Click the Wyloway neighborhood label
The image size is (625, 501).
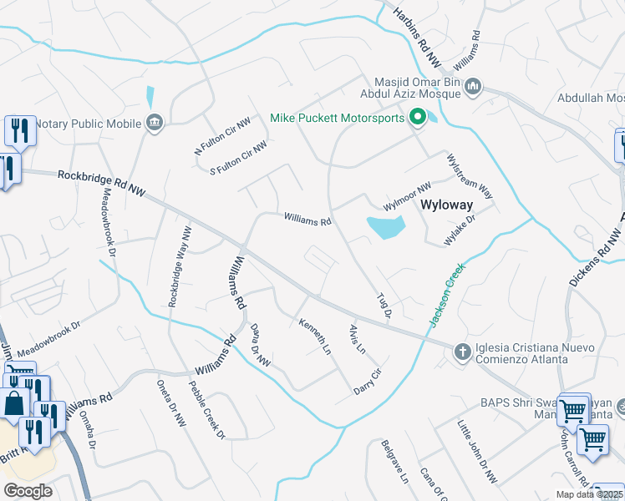[x=446, y=205]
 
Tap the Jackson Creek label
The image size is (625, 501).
[x=446, y=296]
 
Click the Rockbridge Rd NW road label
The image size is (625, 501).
[x=101, y=184]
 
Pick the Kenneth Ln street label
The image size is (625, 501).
[x=316, y=337]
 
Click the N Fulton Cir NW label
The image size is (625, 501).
[x=222, y=136]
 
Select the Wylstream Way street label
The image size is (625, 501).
[x=470, y=175]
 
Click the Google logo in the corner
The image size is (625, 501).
[x=28, y=491]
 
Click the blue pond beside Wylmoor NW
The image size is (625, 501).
[x=385, y=225]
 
